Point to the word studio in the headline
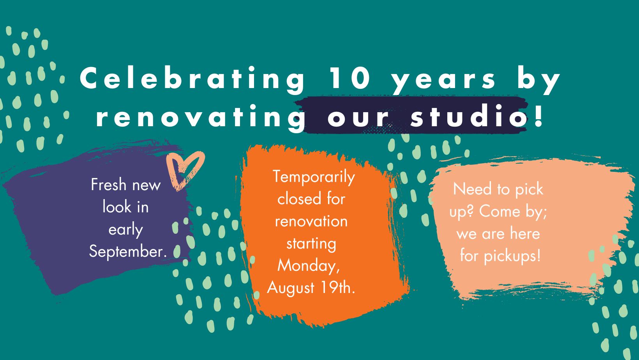(x=468, y=115)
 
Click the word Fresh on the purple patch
(x=108, y=184)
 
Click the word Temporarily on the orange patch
(x=314, y=177)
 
